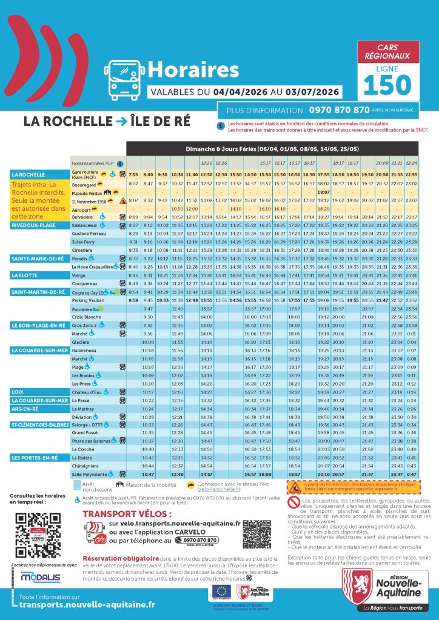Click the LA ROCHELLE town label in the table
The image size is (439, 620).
pos(28,175)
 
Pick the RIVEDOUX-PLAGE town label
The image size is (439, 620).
pos(35,225)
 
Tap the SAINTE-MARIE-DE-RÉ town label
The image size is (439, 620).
pos(37,259)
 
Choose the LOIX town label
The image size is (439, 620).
pos(18,392)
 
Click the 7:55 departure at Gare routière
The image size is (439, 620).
pos(133,174)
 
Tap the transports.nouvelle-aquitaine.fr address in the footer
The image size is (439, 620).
pos(87,604)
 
